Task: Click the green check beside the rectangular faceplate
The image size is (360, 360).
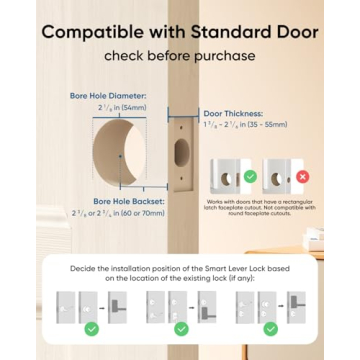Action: [251, 177]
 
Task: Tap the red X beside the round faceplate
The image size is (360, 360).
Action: [301, 177]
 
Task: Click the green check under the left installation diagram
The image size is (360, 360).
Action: [92, 328]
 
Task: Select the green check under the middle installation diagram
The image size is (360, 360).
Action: [181, 328]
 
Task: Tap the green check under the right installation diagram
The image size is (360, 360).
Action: [271, 328]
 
